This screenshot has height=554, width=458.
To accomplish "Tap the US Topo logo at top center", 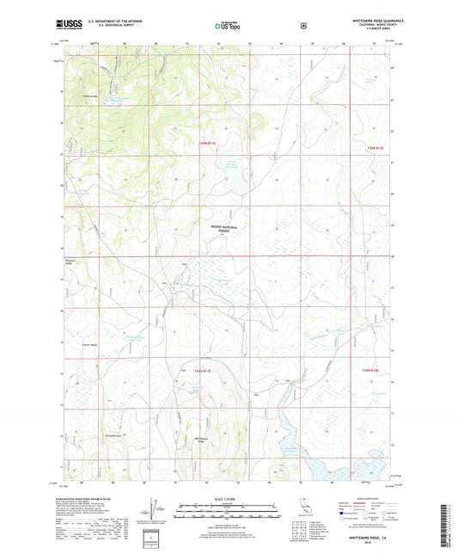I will click(x=228, y=26).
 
